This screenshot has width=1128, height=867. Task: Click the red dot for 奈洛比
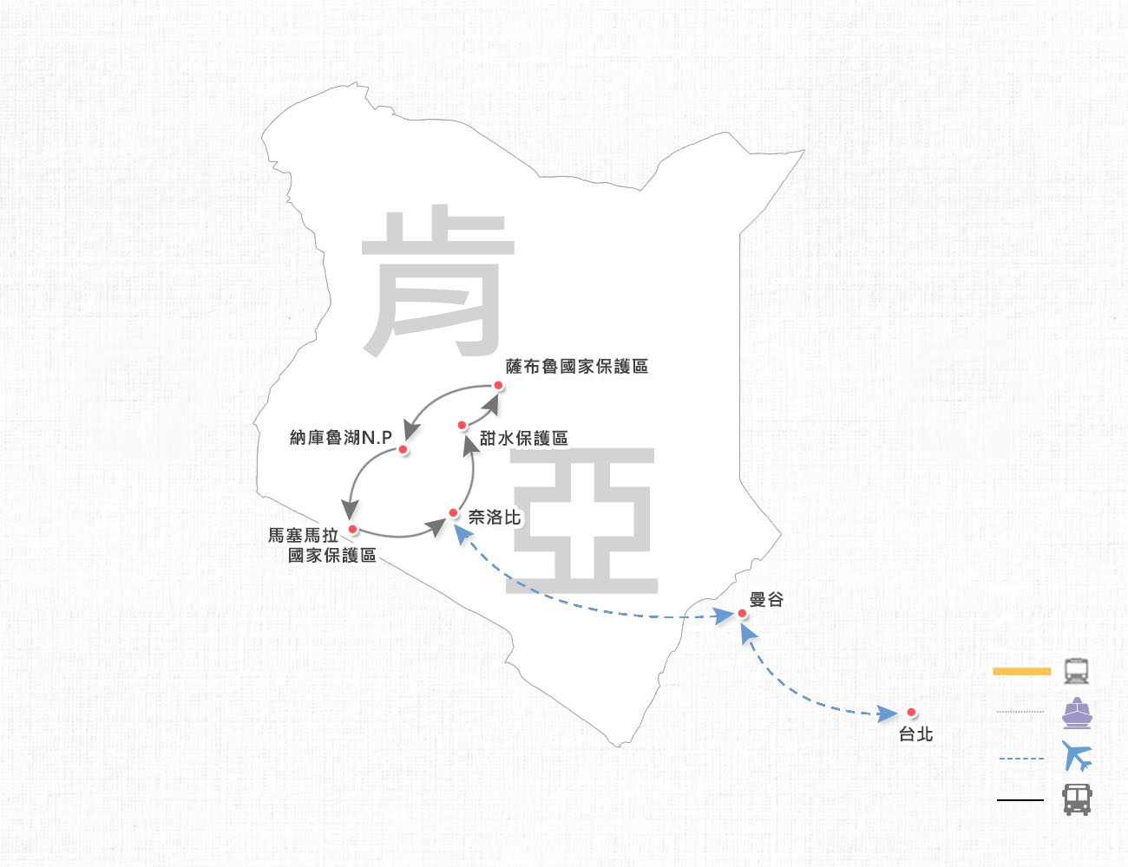pyautogui.click(x=453, y=513)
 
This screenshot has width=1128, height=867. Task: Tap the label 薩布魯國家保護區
pyautogui.click(x=577, y=367)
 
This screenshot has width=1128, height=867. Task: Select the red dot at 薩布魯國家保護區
pyautogui.click(x=498, y=385)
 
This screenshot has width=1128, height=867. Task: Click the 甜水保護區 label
pyautogui.click(x=523, y=438)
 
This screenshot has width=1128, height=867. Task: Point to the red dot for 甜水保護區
pyautogui.click(x=462, y=426)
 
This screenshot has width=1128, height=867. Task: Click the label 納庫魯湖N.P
pyautogui.click(x=341, y=438)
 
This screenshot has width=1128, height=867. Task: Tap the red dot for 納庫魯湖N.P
pyautogui.click(x=403, y=449)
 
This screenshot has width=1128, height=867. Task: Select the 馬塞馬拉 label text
pyautogui.click(x=303, y=535)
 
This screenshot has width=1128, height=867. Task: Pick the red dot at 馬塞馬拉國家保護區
pyautogui.click(x=352, y=529)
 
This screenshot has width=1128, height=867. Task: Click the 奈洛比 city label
pyautogui.click(x=495, y=517)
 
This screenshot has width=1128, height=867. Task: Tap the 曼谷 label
pyautogui.click(x=766, y=599)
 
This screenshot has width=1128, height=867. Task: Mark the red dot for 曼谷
pyautogui.click(x=742, y=614)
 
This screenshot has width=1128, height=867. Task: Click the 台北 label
pyautogui.click(x=915, y=734)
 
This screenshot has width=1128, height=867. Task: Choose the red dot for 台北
pyautogui.click(x=911, y=712)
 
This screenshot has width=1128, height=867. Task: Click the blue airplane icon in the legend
pyautogui.click(x=1077, y=756)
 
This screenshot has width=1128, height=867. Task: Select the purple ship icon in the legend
pyautogui.click(x=1077, y=714)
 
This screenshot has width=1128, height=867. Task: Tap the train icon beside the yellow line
pyautogui.click(x=1076, y=671)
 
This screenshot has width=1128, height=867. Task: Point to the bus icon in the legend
pyautogui.click(x=1077, y=799)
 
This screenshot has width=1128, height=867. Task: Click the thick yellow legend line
pyautogui.click(x=1021, y=672)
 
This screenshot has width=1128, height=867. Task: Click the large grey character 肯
pyautogui.click(x=439, y=281)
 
